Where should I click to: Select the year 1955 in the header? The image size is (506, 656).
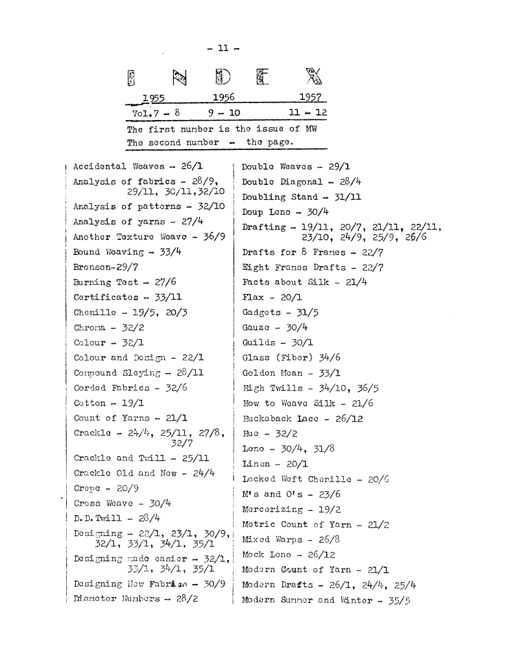[154, 98]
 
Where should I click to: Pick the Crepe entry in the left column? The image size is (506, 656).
[101, 487]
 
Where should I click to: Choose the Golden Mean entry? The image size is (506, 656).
[291, 374]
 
